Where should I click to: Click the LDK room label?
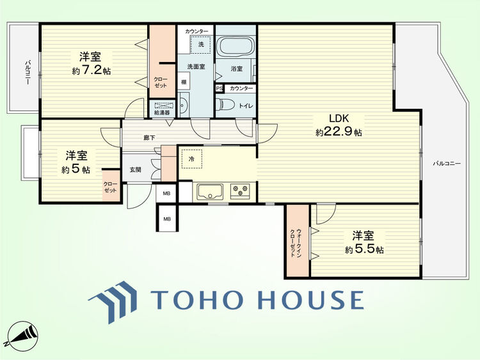coord(339,118)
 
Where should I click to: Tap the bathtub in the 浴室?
coord(236,46)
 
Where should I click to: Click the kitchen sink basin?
coord(210,191)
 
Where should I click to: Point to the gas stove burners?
coord(240,191)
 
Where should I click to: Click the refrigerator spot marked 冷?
coord(191,159)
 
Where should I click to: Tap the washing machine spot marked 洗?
coord(201,44)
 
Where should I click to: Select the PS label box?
coord(219,88)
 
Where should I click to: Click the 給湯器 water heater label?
coord(162,113)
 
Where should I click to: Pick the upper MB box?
coord(166,193)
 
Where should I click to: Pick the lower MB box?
coord(167,219)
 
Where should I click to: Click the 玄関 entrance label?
coord(135,169)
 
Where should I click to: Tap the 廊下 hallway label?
coord(149,137)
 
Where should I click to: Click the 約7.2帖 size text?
coord(92,71)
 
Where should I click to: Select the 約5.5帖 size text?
coord(364,249)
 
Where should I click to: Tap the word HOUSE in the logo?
coord(310,300)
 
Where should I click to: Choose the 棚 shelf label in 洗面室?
coord(184,82)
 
